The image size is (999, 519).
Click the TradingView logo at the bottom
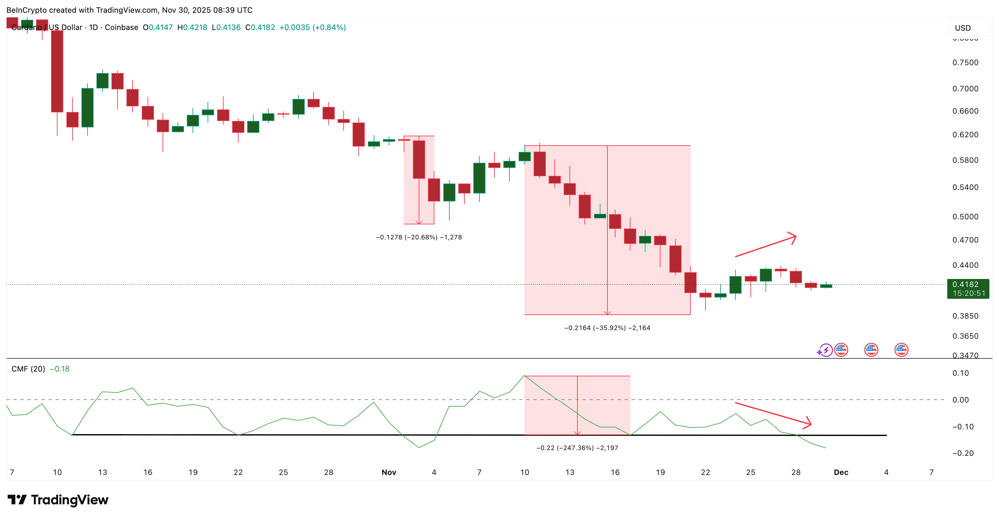pyautogui.click(x=58, y=500)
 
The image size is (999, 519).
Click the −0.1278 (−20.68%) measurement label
pyautogui.click(x=419, y=237)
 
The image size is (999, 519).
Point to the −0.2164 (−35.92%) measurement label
pyautogui.click(x=607, y=328)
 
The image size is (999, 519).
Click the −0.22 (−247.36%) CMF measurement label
pyautogui.click(x=577, y=448)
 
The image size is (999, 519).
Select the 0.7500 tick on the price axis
pyautogui.click(x=965, y=63)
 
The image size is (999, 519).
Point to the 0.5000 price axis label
pyautogui.click(x=965, y=217)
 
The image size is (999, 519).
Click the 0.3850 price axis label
pyautogui.click(x=965, y=316)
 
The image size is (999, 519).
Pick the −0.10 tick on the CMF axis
pyautogui.click(x=963, y=427)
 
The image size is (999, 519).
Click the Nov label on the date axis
pyautogui.click(x=389, y=472)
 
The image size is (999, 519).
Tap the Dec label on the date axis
pyautogui.click(x=841, y=472)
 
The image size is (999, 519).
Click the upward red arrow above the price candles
pyautogui.click(x=766, y=245)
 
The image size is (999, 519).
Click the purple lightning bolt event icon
pyautogui.click(x=825, y=350)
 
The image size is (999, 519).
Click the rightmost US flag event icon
pyautogui.click(x=901, y=350)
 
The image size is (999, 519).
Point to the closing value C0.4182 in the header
pyautogui.click(x=260, y=27)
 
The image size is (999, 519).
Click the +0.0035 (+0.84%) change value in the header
pyautogui.click(x=313, y=27)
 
